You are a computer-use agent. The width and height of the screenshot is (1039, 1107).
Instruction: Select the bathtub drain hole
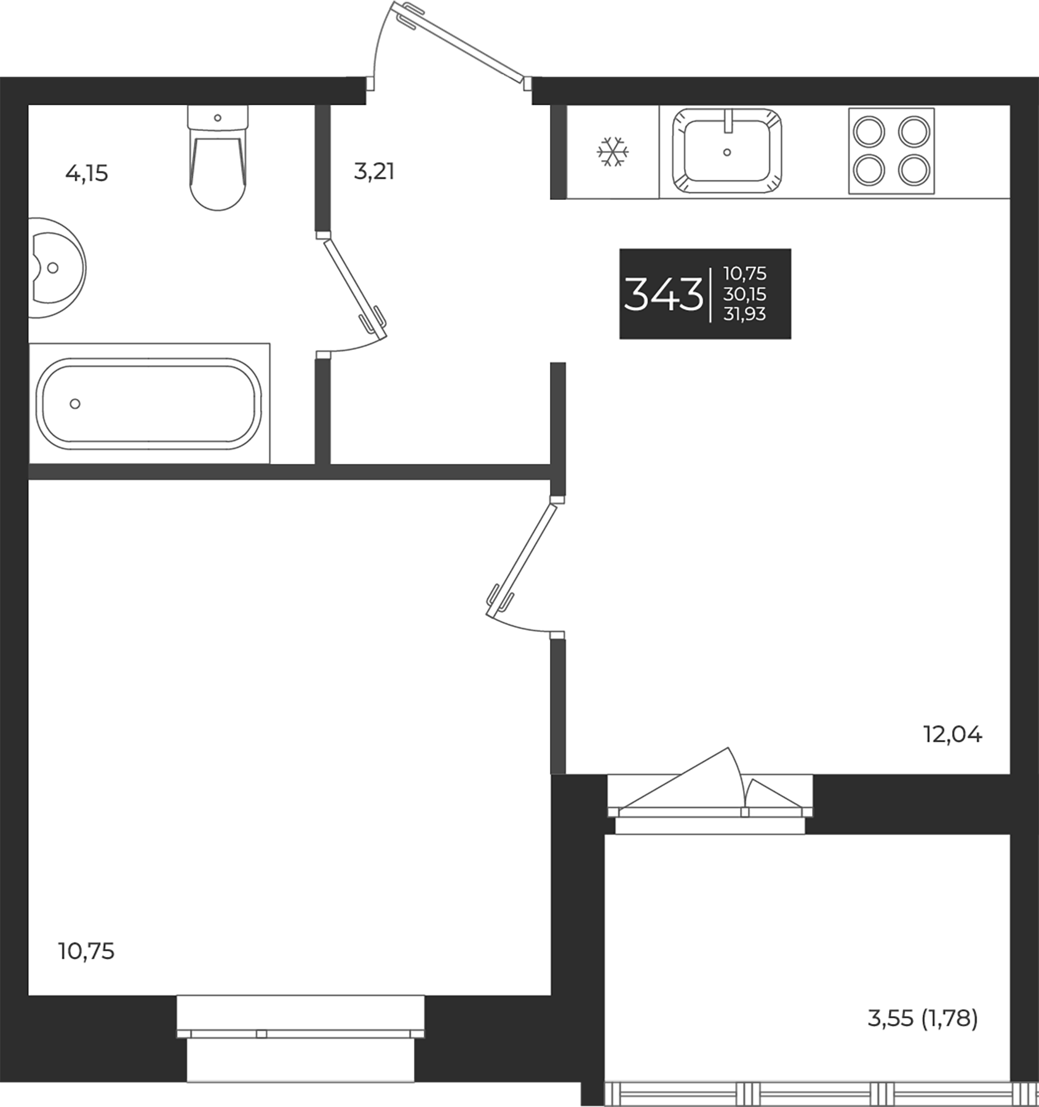75,404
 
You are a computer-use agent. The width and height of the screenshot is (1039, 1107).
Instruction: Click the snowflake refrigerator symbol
613,151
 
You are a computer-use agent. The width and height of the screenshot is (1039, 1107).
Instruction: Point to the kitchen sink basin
727,152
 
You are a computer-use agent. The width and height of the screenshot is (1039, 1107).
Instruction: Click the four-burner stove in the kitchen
891,151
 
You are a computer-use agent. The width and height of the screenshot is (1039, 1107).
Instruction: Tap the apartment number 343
663,295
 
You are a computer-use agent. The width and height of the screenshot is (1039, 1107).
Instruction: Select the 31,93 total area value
745,314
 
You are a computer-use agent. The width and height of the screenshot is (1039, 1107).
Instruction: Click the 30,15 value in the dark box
745,294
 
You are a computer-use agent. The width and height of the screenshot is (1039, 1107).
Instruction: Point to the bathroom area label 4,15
86,174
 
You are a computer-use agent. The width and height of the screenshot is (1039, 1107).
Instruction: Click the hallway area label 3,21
373,172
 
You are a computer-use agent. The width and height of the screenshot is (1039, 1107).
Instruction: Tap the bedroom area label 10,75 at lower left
86,951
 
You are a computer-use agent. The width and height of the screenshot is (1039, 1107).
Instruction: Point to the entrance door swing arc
431,37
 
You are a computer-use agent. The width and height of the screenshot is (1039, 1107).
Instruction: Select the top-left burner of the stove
867,132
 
